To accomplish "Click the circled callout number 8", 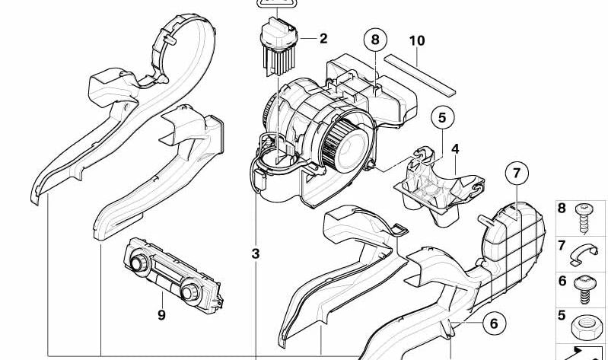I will coord(375,39).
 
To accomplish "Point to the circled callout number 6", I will coord(493,323).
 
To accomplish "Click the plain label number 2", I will coord(323,39).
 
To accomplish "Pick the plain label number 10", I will coord(415,40).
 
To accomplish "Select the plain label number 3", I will coord(256,253).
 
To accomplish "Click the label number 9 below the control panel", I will coord(161,314).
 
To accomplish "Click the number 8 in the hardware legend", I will coord(563,209).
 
